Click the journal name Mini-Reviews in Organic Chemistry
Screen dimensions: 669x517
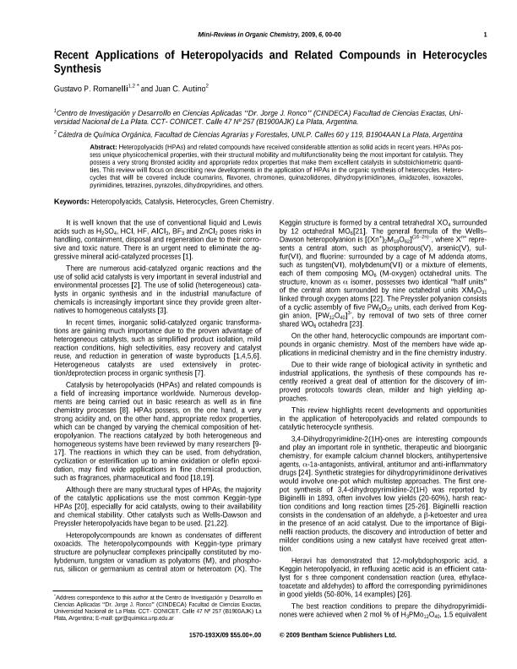244,35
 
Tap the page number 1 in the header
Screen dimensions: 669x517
485,35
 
